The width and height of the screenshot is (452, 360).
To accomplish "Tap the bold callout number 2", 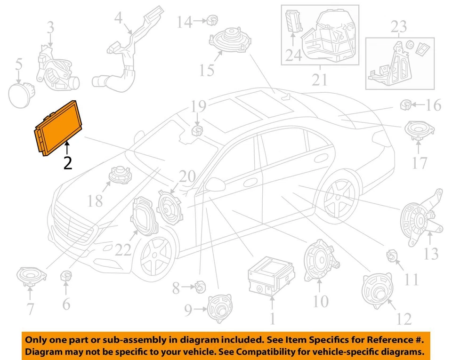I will [x=68, y=163].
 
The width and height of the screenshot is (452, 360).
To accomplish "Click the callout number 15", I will [x=206, y=70].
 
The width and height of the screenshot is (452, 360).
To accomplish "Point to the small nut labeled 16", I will [x=405, y=104].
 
